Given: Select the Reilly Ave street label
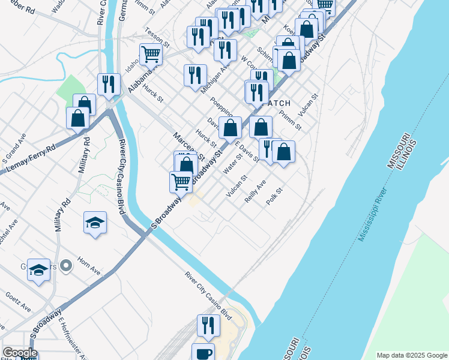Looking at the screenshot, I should pos(255,191).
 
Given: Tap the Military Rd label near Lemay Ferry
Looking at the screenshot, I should pos(83,155).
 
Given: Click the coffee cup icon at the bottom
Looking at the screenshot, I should pos(203,352).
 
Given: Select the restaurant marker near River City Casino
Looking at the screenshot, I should pos(208,325).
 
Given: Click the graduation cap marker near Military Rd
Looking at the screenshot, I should pos(95,223).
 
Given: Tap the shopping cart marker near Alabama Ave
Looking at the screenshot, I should pos(151,54).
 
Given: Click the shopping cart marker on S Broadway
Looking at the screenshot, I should pos(181,181).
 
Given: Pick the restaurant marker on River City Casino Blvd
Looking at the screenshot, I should pos(108,83).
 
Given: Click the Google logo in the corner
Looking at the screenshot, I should pos(19,353).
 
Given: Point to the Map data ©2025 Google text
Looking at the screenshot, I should pos(411,355).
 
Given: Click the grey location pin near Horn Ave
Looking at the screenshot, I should pos(67,264).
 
